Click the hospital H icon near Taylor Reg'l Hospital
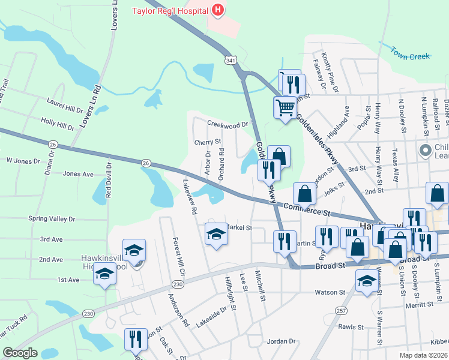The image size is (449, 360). [218, 10]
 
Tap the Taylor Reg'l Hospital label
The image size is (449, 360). [170, 10]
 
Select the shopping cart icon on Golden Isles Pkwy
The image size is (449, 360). [285, 108]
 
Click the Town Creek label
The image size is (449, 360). [411, 55]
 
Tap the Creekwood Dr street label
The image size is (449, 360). [228, 124]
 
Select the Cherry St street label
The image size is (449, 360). [208, 142]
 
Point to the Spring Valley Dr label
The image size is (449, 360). [52, 219]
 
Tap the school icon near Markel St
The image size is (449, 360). [217, 234]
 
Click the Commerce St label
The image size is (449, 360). [308, 212]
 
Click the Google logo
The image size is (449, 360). [20, 353]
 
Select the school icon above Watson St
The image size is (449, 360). [366, 280]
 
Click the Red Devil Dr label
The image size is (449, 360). [109, 180]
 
